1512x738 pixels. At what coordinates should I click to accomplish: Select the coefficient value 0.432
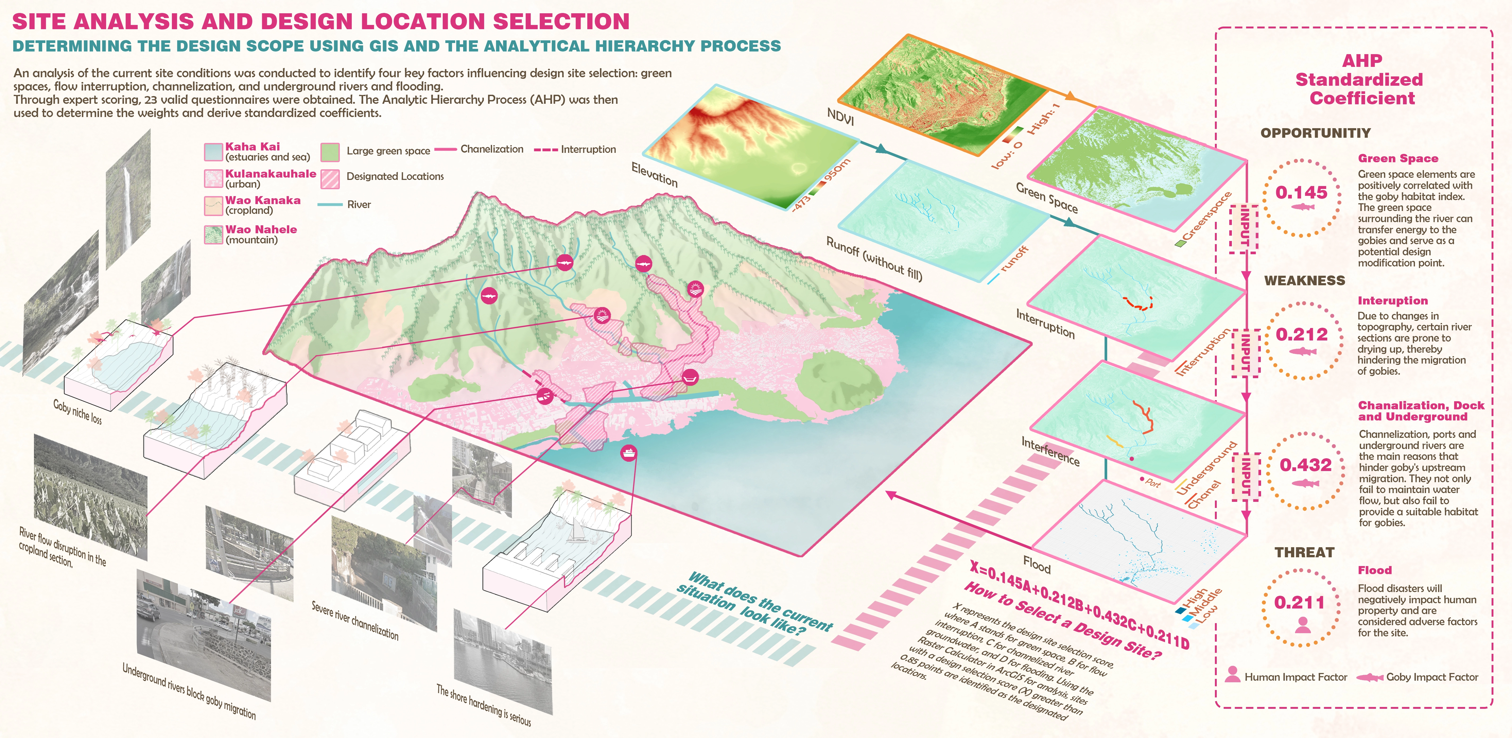pos(1305,465)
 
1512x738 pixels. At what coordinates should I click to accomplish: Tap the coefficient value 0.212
pos(1301,335)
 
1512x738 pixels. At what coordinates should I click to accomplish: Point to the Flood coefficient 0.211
pos(1299,602)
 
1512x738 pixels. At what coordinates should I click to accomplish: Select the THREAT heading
pos(1304,553)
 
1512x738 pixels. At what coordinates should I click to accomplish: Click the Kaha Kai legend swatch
pos(212,152)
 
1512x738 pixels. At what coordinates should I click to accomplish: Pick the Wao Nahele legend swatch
pos(212,234)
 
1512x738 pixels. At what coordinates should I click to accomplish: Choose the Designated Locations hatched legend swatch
pos(330,179)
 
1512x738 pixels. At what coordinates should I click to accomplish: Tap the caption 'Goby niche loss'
pos(77,412)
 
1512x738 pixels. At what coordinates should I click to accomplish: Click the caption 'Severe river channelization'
pos(354,621)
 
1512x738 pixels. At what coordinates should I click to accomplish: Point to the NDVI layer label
pos(840,117)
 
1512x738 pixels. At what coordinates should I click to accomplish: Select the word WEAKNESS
pos(1304,281)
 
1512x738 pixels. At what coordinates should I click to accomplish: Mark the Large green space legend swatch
pos(330,152)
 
